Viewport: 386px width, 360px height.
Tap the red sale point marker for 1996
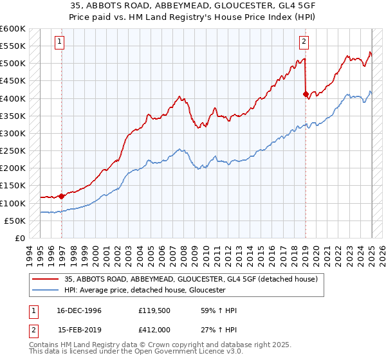tap(61, 196)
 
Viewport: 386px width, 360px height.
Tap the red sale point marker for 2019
tap(306, 94)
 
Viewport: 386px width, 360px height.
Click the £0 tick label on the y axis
tap(19, 239)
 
